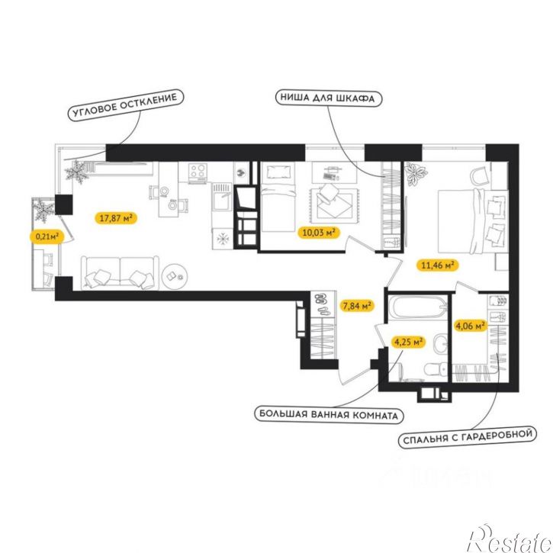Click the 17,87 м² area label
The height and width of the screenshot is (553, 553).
pos(116,218)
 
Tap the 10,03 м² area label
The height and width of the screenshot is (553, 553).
pos(319,233)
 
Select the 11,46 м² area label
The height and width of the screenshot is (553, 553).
pos(438,265)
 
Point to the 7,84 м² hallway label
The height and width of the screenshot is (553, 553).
pos(356,306)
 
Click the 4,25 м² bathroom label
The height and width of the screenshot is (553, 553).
pos(408,342)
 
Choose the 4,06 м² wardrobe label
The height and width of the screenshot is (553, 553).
pos(470,326)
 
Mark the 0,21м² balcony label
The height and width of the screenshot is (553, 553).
pos(47,236)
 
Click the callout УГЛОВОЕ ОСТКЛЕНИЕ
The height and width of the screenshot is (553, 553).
pos(126,105)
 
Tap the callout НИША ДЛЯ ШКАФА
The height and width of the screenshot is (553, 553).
pos(328,98)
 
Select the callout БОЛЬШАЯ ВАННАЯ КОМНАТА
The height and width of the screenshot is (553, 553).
pos(329,414)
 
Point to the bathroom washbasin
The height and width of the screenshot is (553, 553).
pos(441,343)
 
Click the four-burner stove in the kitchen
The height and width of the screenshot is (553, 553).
pos(198,173)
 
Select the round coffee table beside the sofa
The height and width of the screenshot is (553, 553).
pos(175,277)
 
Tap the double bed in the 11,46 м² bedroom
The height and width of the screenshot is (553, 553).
pos(473,220)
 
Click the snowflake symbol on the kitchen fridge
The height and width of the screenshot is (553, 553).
pos(223,239)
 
